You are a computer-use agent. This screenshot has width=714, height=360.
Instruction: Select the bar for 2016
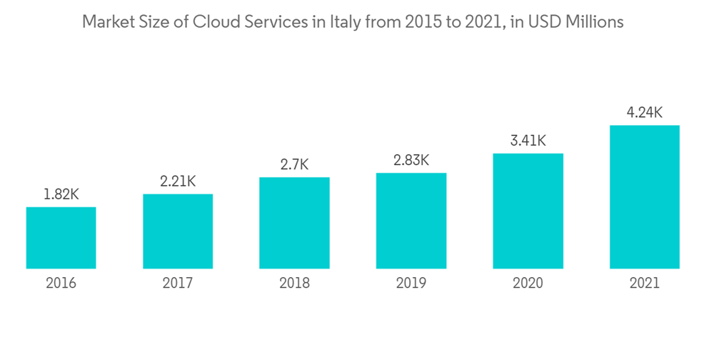(x=61, y=238)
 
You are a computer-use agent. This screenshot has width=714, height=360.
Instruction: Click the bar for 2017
(x=178, y=231)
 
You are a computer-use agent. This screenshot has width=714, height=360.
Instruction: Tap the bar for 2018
(x=294, y=223)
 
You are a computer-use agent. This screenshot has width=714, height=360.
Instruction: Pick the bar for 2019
(x=411, y=221)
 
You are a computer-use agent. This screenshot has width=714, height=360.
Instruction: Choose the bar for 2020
(x=528, y=211)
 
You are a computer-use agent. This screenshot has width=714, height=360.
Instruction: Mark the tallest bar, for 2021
(x=644, y=197)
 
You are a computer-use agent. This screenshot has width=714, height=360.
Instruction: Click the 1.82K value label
(x=61, y=194)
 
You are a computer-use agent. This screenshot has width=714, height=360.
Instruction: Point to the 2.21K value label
(x=178, y=181)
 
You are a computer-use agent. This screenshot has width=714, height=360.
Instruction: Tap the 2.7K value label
(x=294, y=165)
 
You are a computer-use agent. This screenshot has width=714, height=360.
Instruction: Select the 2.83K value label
(x=411, y=160)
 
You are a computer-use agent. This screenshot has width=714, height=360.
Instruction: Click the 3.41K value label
(x=528, y=141)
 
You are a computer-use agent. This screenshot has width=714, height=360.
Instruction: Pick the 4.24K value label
(x=644, y=112)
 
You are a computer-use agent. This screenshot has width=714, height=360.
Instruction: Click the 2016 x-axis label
(x=61, y=284)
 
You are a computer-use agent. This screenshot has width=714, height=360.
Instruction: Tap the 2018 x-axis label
(x=294, y=284)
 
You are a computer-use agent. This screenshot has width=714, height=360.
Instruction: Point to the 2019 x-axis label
(x=411, y=284)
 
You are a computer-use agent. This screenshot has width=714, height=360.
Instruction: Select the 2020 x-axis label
(x=528, y=284)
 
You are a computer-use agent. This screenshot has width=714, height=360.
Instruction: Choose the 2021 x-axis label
(x=644, y=284)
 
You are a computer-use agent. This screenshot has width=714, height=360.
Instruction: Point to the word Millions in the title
(x=595, y=22)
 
